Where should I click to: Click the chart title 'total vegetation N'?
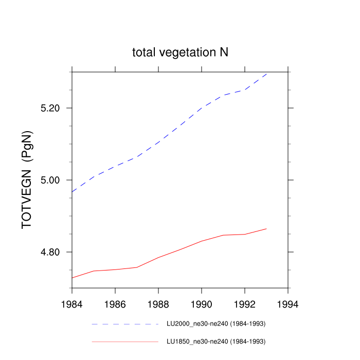180,52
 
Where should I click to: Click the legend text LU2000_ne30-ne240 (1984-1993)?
216,324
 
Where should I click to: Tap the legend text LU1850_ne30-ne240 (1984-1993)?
216,341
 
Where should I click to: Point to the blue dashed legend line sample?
125,325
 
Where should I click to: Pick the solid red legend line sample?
125,341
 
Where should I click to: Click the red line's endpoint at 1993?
266,228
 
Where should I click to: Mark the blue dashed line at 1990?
202,107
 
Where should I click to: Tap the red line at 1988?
158,257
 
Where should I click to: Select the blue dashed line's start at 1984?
72,191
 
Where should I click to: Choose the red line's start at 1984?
72,278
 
